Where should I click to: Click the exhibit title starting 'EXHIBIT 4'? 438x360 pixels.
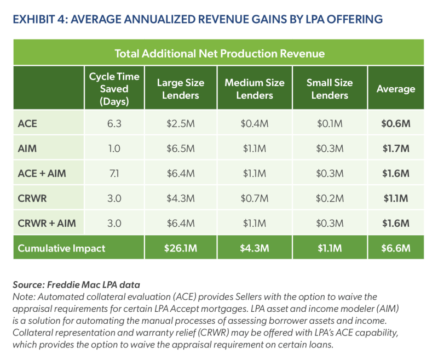(198, 20)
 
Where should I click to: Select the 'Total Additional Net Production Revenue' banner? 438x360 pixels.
(219, 54)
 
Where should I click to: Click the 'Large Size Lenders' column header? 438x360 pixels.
(181, 89)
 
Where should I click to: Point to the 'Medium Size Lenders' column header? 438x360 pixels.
(255, 89)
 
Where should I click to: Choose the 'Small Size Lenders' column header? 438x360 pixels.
(330, 89)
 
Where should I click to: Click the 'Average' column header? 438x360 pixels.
(396, 89)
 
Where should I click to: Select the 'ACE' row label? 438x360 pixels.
(27, 123)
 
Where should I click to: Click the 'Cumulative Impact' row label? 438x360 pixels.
(61, 248)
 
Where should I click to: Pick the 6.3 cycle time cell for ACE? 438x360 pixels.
(114, 123)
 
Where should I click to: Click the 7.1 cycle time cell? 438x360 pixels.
(114, 173)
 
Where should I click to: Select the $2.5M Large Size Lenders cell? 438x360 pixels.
(181, 123)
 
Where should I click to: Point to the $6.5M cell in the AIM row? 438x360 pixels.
(181, 148)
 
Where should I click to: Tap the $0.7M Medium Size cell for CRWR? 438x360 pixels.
(255, 198)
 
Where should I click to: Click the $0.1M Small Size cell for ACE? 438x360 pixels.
(330, 123)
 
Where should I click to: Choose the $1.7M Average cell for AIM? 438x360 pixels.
(396, 148)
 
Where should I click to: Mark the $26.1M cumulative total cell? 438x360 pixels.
(181, 248)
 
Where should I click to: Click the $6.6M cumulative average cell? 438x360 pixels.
(396, 248)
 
